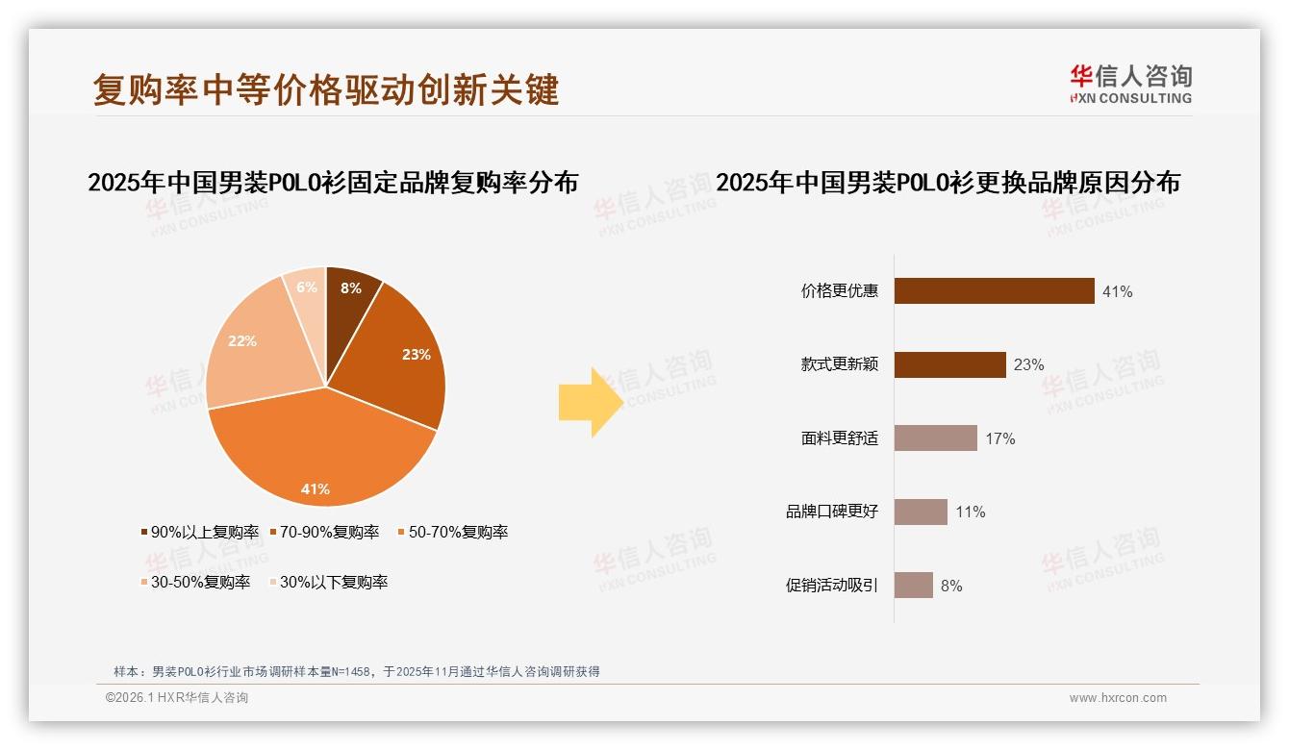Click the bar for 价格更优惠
(994, 290)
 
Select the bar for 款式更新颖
(949, 364)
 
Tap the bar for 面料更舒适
(935, 438)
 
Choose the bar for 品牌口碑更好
(921, 512)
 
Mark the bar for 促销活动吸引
(913, 586)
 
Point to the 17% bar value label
(999, 438)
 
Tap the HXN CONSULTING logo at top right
(1130, 85)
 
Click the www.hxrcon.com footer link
(1117, 698)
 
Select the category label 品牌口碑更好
(832, 512)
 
